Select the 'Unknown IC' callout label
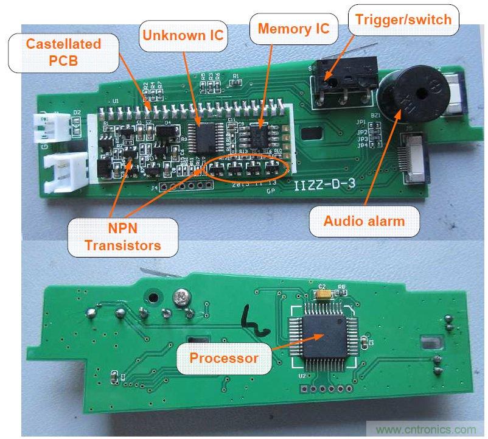[x=183, y=33]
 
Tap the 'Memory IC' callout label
[x=293, y=28]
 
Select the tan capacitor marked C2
[x=323, y=293]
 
